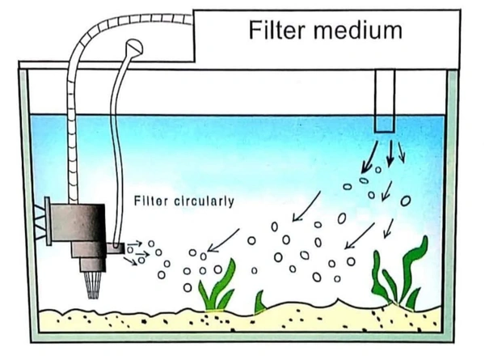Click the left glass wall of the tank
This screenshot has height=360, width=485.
pyautogui.click(x=23, y=202)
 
